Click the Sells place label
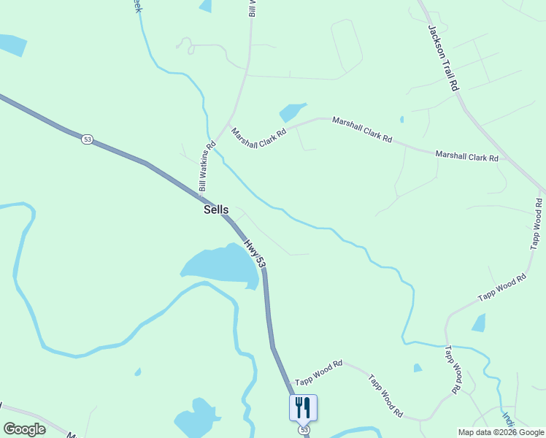[215, 210]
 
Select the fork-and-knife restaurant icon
[303, 407]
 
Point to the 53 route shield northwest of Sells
[87, 139]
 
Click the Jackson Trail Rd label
[443, 58]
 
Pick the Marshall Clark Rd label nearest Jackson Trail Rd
[466, 155]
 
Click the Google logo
[24, 429]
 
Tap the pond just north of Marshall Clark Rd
[291, 112]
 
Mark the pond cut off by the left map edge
[11, 45]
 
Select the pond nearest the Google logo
[196, 417]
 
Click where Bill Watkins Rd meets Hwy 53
[201, 194]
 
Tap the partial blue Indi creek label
[506, 420]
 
